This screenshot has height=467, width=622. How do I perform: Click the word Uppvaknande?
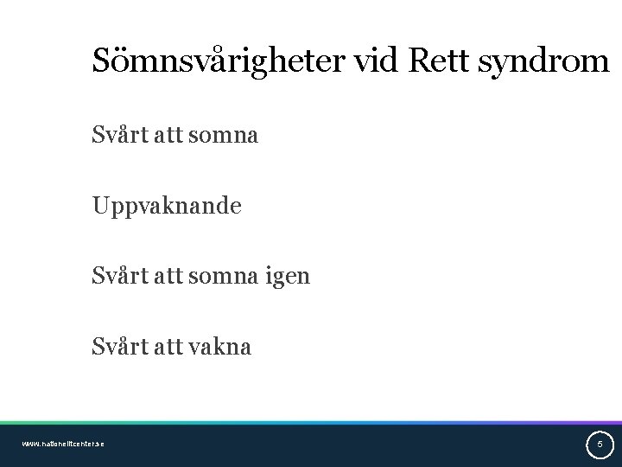tap(167, 207)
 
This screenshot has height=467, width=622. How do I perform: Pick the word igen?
tap(288, 278)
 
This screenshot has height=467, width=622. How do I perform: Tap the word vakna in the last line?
tap(223, 347)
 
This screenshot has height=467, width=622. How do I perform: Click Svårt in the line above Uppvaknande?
tap(117, 136)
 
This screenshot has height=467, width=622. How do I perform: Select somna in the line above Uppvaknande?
tap(228, 136)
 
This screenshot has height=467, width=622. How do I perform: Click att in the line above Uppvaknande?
tap(169, 136)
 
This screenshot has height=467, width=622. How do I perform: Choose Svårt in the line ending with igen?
tap(117, 277)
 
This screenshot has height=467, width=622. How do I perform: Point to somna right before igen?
tap(228, 277)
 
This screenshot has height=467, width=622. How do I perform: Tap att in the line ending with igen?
tap(169, 277)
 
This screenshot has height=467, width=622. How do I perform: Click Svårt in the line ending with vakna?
tap(117, 347)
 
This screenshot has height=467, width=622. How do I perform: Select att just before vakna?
tap(169, 347)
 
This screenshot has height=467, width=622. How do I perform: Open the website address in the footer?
tap(63, 444)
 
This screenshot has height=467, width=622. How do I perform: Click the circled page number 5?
tap(600, 445)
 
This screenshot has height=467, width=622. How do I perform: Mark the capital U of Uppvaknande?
tap(101, 206)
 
